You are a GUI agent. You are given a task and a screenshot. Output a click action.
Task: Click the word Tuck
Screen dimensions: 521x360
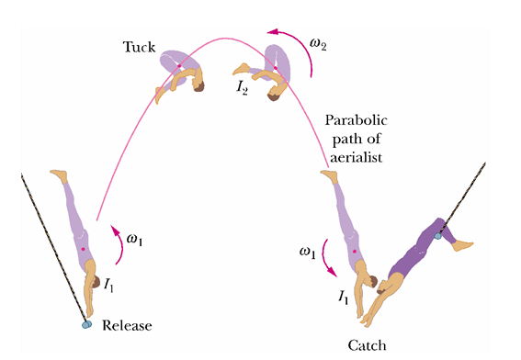139,47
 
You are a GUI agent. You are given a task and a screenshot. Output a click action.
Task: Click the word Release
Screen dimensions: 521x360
127,325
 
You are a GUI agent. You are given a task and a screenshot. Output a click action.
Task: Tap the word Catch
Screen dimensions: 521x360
368,345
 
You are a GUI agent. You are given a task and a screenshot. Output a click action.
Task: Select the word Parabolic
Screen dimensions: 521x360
357,120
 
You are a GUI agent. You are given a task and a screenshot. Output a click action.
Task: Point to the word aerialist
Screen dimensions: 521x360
357,157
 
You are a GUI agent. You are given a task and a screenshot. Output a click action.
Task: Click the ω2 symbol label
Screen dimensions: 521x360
318,44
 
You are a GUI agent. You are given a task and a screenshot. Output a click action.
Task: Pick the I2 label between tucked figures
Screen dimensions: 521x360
242,87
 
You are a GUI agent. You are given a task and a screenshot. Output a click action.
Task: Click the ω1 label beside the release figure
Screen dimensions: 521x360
134,239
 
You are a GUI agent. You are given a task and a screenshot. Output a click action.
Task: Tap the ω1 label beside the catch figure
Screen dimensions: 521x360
307,253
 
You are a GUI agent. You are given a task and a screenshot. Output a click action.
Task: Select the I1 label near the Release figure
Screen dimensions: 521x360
108,285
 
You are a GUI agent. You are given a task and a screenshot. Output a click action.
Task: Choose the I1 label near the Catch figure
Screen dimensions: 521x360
344,297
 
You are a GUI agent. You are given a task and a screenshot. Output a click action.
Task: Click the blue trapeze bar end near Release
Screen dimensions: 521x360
86,324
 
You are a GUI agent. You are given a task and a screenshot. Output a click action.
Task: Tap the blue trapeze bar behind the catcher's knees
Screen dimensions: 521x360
438,236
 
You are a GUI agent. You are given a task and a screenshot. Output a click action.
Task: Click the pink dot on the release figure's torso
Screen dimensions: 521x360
83,249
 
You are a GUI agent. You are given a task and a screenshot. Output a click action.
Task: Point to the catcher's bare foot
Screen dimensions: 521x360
462,246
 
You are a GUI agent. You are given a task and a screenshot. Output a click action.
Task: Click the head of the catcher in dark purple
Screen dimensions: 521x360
382,287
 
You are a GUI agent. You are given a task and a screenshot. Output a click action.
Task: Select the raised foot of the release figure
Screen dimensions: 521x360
59,175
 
